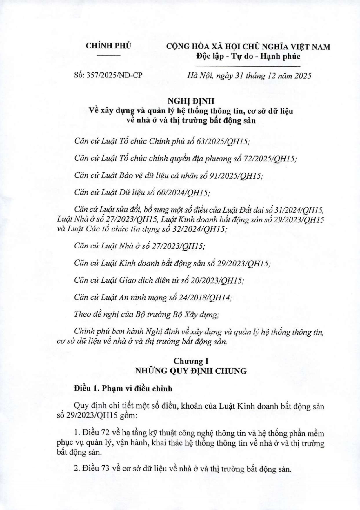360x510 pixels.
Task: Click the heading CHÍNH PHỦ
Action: tap(108, 46)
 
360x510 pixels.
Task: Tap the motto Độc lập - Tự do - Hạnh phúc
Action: tap(248, 56)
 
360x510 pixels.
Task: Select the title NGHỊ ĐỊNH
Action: tap(191, 101)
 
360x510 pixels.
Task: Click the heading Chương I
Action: tap(191, 361)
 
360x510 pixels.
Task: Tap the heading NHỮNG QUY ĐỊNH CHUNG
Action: tap(191, 371)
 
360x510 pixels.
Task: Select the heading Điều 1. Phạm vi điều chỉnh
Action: tap(123, 388)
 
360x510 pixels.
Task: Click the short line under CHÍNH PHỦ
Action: tap(108, 55)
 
